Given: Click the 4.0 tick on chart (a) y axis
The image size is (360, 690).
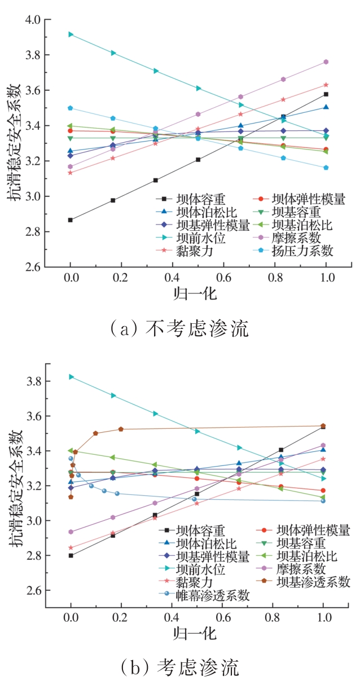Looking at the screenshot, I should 32,20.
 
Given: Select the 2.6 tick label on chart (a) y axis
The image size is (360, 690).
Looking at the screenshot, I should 32,267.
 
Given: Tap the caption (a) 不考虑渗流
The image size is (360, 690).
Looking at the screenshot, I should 179,328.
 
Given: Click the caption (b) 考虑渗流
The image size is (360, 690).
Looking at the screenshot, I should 179,667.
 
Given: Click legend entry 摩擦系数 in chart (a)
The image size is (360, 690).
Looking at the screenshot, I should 297,238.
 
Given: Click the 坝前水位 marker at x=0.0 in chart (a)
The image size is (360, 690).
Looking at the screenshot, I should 71,34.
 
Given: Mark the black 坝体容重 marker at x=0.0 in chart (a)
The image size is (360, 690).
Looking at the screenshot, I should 71,220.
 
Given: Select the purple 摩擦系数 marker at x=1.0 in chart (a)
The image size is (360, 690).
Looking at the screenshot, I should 326,62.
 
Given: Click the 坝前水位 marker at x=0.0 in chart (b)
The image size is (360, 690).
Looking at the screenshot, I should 71,376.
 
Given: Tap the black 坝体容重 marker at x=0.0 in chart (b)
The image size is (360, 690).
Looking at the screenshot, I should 71,556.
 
